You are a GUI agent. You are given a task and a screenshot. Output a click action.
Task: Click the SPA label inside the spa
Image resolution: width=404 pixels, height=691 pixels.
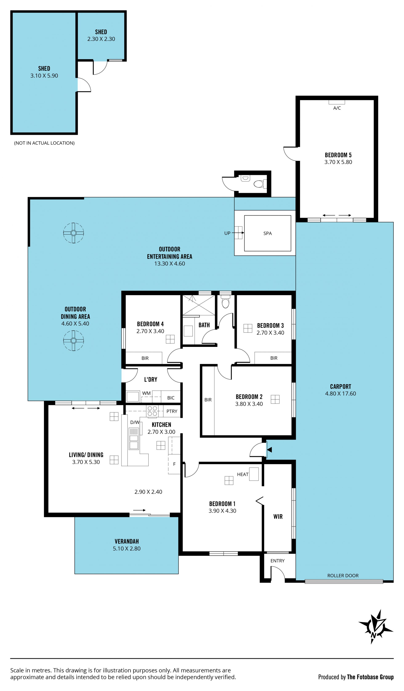point(267,233)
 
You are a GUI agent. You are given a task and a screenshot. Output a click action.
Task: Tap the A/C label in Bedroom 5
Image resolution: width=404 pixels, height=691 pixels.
point(337,108)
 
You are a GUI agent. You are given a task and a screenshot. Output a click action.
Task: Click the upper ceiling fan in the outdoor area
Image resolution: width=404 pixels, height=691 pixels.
point(73,233)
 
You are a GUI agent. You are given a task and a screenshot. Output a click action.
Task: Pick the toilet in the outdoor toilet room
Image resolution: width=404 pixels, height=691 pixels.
point(260,184)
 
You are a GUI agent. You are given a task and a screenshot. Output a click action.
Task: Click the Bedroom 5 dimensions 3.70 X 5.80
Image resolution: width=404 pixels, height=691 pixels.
point(338,162)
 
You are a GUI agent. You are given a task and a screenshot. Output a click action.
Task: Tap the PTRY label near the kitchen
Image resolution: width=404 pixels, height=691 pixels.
point(172,411)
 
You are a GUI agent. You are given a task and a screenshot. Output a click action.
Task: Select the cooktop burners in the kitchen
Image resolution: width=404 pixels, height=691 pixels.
point(152,411)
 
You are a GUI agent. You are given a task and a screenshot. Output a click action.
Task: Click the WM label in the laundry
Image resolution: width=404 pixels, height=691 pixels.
point(146,393)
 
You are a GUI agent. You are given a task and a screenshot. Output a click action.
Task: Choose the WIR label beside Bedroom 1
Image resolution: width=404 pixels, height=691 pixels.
point(278,517)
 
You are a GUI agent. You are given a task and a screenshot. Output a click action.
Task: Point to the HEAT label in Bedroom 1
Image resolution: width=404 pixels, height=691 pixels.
point(243,474)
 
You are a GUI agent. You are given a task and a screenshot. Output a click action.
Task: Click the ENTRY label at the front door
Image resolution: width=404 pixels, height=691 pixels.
point(277,561)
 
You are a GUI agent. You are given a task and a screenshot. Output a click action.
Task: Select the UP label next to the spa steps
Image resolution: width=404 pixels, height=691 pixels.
point(227,233)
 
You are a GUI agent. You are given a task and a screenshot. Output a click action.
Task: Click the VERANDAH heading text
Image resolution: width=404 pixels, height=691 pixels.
point(127,541)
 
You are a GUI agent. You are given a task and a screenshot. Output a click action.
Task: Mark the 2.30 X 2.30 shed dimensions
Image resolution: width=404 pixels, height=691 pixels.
point(101,39)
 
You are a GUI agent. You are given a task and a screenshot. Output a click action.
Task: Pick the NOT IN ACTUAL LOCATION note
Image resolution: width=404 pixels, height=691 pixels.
point(44,143)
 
